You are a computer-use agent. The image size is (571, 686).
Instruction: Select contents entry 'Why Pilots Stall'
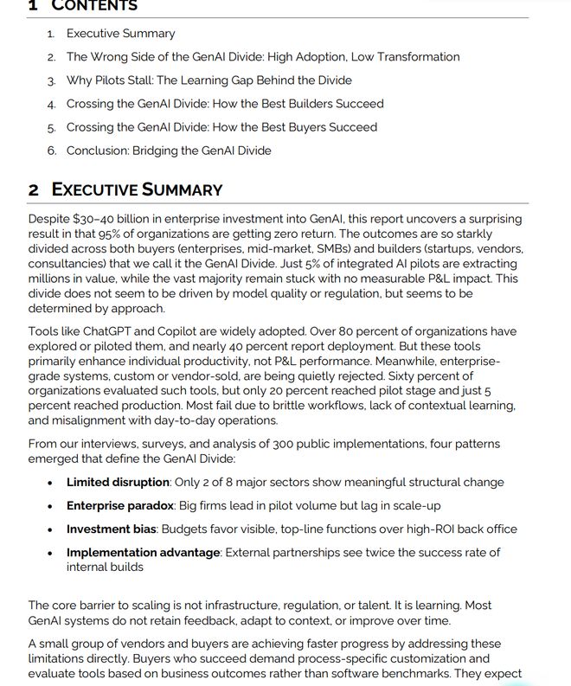pyautogui.click(x=209, y=80)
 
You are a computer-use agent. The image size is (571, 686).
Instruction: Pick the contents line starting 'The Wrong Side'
pyautogui.click(x=263, y=57)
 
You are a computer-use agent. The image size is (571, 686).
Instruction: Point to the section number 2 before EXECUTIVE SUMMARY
pyautogui.click(x=34, y=189)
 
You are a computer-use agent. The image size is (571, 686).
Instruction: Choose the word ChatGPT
pyautogui.click(x=103, y=331)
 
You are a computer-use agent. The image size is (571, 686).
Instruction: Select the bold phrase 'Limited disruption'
pyautogui.click(x=117, y=482)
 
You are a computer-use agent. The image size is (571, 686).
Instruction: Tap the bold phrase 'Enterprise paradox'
pyautogui.click(x=120, y=505)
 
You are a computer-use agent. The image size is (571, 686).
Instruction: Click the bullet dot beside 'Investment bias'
pyautogui.click(x=52, y=529)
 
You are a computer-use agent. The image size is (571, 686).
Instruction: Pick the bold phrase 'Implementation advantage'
pyautogui.click(x=144, y=553)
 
